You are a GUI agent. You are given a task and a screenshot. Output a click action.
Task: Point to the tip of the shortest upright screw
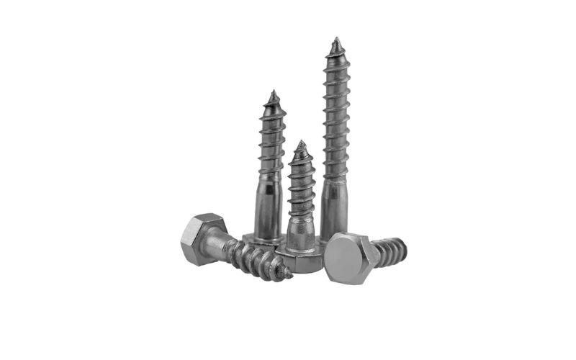[301, 143]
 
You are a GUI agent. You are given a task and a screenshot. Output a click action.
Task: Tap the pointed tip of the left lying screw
[289, 274]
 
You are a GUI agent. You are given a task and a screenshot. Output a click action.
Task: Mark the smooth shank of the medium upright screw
[269, 209]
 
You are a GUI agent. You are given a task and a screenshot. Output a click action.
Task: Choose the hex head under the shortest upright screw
[299, 260]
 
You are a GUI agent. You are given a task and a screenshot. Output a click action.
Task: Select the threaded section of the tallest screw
[336, 115]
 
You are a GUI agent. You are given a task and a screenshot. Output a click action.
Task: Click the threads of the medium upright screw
[272, 140]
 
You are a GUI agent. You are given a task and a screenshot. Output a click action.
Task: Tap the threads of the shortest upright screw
[301, 184]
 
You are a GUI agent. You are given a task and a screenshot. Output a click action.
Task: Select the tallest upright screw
[336, 144]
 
